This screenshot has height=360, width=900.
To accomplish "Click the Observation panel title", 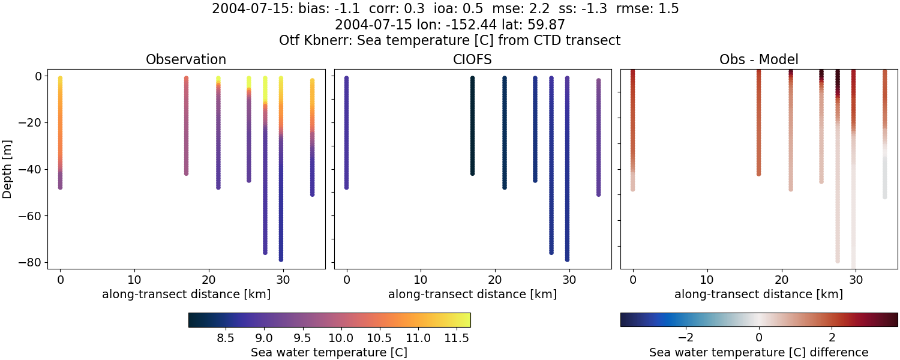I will [186, 60].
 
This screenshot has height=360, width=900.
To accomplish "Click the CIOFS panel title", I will [472, 60].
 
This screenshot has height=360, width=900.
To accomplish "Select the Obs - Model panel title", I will [758, 60].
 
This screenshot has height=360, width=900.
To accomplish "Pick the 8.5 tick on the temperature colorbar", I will [225, 338].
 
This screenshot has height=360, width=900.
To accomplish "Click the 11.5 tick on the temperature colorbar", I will [457, 338].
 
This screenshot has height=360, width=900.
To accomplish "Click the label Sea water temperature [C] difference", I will [758, 352].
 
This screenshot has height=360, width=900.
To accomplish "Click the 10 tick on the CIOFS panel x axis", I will [421, 280].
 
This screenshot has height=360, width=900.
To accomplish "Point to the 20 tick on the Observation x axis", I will [209, 280].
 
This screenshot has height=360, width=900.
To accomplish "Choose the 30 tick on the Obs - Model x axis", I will [856, 280].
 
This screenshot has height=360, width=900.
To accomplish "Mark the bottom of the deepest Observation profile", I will [281, 259].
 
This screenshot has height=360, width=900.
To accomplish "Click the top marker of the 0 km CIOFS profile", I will [346, 79].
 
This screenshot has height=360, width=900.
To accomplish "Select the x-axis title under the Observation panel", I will [186, 294].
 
